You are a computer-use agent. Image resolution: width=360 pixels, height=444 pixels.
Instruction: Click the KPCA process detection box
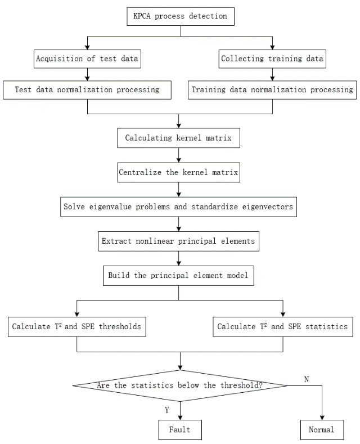tap(180, 16)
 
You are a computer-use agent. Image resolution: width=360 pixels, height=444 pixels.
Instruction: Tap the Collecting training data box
tap(272, 59)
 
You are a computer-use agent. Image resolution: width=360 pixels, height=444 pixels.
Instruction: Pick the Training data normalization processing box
tap(272, 89)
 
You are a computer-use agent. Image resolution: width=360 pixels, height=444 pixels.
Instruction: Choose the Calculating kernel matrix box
tap(178, 137)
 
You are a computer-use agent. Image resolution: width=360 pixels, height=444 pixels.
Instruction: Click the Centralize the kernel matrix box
tap(178, 172)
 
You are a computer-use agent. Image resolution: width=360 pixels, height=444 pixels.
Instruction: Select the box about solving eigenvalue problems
tap(178, 207)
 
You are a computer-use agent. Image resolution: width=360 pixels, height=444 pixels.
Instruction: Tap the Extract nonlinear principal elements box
tap(178, 241)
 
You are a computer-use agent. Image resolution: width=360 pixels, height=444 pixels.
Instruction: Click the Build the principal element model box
tap(178, 276)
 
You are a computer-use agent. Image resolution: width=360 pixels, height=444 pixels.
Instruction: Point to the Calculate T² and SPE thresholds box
tap(76, 326)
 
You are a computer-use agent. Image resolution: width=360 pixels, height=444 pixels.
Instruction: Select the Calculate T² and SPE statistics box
tap(282, 326)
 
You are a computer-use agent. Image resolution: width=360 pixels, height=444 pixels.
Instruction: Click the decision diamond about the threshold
tap(180, 385)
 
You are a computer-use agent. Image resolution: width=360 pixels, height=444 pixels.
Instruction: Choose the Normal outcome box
tap(321, 430)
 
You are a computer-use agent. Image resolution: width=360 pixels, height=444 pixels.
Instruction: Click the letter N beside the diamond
tap(306, 379)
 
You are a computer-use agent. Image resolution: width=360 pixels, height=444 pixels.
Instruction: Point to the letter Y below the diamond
tap(166, 410)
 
